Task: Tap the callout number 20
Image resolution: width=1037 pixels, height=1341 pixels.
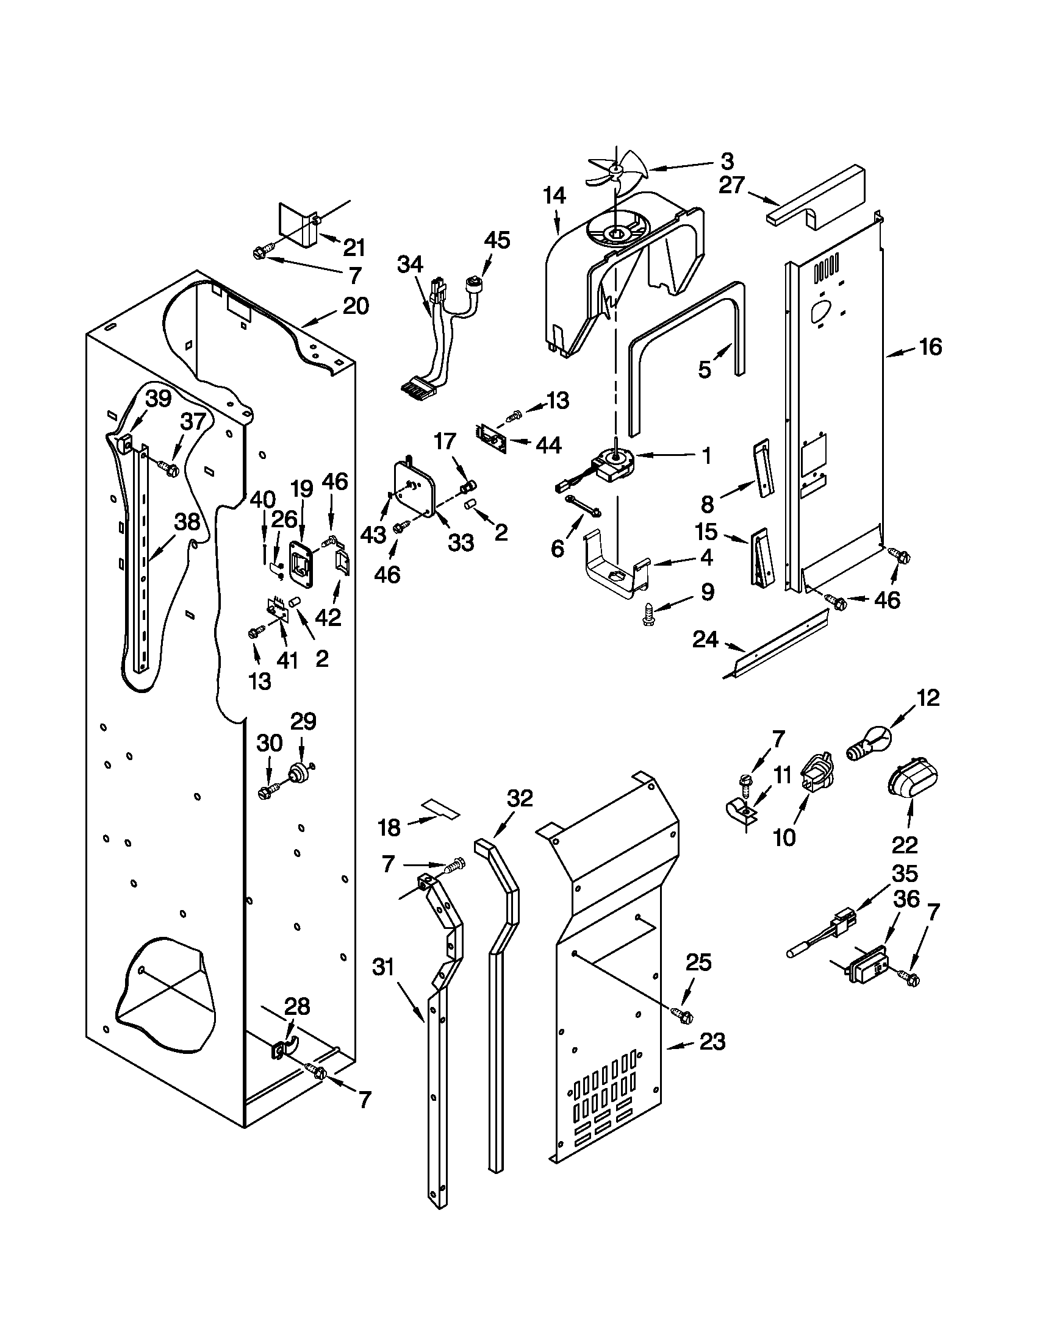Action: tap(356, 306)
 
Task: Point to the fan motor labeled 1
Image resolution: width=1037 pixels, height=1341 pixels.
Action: tap(612, 464)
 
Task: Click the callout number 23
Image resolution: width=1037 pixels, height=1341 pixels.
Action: tap(711, 1042)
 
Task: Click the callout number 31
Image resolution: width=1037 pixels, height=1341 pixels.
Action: tap(382, 968)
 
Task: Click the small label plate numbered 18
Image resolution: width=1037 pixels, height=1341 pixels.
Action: tap(440, 809)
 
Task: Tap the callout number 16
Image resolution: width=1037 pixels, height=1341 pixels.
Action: tap(930, 347)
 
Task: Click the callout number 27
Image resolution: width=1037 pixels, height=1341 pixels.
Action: tap(732, 185)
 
